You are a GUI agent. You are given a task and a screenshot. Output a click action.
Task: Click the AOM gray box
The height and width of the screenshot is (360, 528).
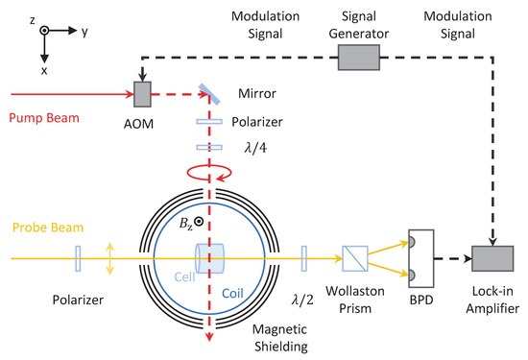coord(142,93)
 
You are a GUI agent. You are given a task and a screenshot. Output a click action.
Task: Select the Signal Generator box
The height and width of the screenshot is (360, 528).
coord(367,59)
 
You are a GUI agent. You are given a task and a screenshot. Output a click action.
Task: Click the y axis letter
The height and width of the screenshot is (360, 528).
coord(84,31)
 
